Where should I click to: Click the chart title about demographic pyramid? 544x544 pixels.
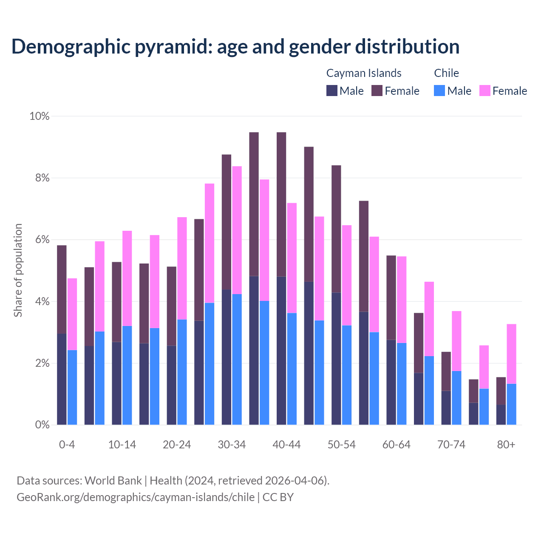[235, 46]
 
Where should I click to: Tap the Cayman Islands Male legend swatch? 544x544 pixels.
[332, 91]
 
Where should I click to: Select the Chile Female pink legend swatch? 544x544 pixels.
[485, 91]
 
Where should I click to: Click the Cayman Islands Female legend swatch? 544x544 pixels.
[377, 91]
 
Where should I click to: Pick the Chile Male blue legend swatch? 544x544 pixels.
[439, 91]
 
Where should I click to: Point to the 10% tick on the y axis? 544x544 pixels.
[40, 116]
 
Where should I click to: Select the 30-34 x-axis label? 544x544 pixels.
[232, 445]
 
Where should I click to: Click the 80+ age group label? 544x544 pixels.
[506, 445]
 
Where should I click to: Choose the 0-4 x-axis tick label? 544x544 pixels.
[67, 445]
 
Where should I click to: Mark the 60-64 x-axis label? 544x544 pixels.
[397, 445]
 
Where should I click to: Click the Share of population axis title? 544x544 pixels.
[18, 270]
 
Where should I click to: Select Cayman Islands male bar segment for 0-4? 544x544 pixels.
[62, 379]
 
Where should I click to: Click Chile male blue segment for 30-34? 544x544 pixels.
[237, 359]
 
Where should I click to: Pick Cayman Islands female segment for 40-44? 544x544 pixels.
[281, 204]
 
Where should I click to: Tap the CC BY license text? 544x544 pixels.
[278, 497]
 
